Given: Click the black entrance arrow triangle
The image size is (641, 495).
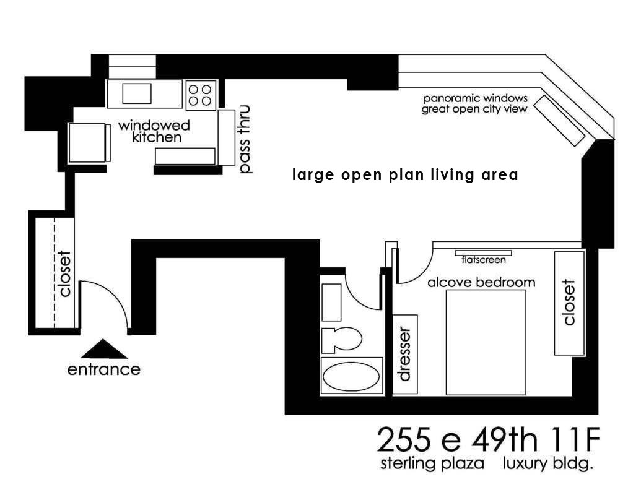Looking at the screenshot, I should click(104, 351).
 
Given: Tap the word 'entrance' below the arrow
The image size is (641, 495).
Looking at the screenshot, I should click(104, 370).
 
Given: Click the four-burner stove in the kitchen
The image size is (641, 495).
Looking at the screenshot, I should click(200, 95).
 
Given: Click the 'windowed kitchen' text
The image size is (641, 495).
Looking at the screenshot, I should click(155, 131).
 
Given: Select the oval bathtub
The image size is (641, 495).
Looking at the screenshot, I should click(351, 377).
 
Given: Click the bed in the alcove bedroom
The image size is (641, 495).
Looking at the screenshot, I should click(486, 342).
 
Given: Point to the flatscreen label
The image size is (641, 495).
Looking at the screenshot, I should click(483, 259).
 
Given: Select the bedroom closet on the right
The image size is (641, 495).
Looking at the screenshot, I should click(570, 303).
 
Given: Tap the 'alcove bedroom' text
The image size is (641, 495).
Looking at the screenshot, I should click(481, 282).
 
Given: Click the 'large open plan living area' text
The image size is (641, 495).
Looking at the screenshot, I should click(405, 175).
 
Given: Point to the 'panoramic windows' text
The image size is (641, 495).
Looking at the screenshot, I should click(475, 98).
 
